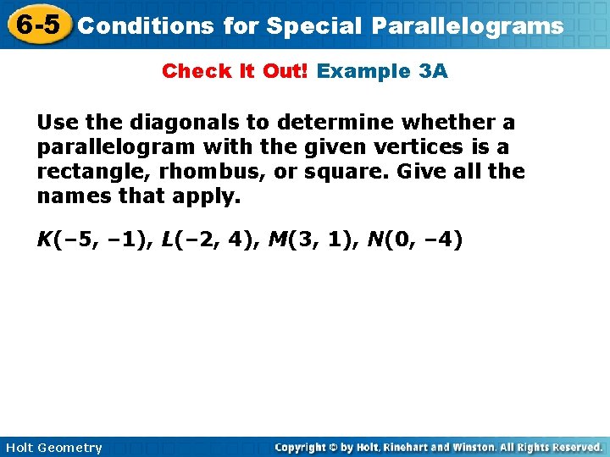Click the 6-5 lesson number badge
tap(36, 25)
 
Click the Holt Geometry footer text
tap(53, 448)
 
